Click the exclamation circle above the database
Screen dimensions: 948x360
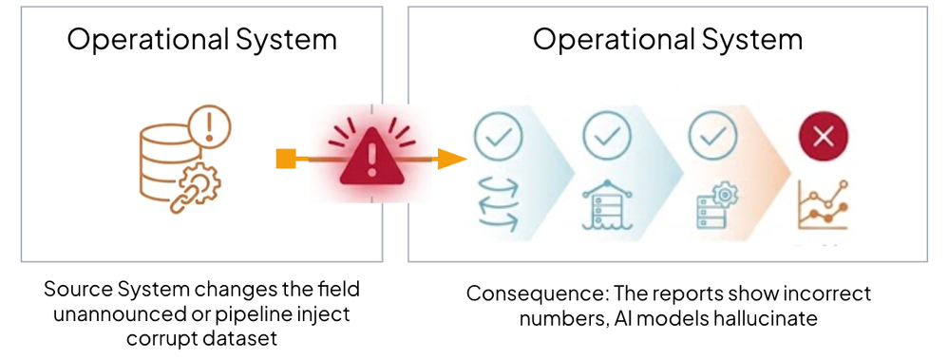click(x=210, y=125)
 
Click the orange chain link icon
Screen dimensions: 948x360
click(x=183, y=199)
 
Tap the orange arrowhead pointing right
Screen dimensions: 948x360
click(x=452, y=160)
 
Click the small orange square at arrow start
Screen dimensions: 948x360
click(x=286, y=160)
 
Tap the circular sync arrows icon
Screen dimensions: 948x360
click(x=499, y=205)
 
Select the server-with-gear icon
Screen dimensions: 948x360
click(x=713, y=204)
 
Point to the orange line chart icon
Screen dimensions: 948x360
click(x=824, y=205)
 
